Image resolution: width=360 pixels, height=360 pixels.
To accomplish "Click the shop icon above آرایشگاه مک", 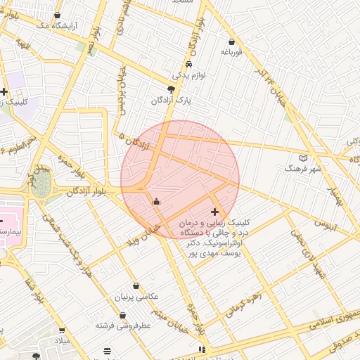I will pyautogui.click(x=57, y=15).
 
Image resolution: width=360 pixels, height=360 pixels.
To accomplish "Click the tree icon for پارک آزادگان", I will pyautogui.click(x=171, y=89).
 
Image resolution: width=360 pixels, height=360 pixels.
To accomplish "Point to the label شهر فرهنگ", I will pyautogui.click(x=303, y=169).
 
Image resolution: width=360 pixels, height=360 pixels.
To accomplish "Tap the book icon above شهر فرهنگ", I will pyautogui.click(x=303, y=157).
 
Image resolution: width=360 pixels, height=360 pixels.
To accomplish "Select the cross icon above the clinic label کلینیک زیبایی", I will pyautogui.click(x=214, y=212).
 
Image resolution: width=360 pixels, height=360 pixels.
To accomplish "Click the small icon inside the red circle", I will pyautogui.click(x=156, y=202).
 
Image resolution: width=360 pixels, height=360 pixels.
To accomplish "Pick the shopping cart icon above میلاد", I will pyautogui.click(x=62, y=330).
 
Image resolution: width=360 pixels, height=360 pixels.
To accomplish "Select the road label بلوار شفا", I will pyautogui.click(x=35, y=290).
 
